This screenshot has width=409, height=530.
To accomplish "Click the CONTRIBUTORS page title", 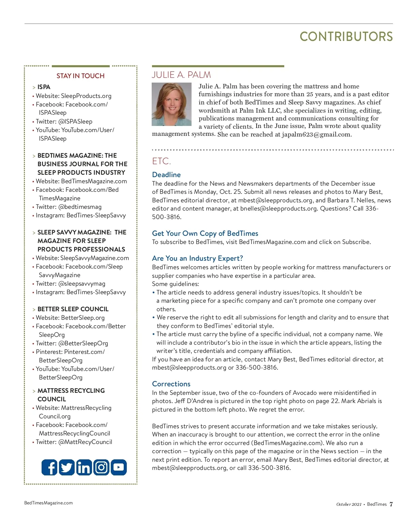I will click(x=346, y=37).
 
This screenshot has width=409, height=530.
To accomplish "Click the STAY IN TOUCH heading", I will click(x=80, y=76).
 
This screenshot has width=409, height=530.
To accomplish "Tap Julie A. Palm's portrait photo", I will click(x=171, y=104).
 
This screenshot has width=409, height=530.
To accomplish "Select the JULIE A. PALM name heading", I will click(x=181, y=75).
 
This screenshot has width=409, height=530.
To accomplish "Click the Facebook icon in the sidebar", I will click(x=49, y=467).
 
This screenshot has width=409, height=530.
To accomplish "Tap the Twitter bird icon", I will click(x=67, y=467).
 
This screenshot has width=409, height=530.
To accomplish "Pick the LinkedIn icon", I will click(x=84, y=467).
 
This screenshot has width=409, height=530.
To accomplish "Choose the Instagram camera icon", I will click(x=101, y=467).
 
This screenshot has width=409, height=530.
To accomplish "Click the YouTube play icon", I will click(x=119, y=467).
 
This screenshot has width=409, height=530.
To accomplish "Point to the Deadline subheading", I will click(x=166, y=175).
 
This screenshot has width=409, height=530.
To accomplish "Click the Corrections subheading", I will click(x=171, y=384).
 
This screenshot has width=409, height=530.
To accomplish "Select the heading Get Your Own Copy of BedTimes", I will click(x=205, y=233).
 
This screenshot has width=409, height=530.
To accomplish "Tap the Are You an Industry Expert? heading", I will click(x=197, y=258).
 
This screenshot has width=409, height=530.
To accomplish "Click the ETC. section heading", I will click(x=162, y=161).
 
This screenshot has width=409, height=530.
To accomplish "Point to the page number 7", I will click(x=391, y=504).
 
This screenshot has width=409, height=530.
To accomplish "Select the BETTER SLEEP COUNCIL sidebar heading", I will click(x=73, y=309).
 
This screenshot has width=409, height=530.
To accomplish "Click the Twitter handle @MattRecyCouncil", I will click(x=85, y=442).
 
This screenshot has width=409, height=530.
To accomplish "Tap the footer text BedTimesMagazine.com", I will click(x=48, y=503).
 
